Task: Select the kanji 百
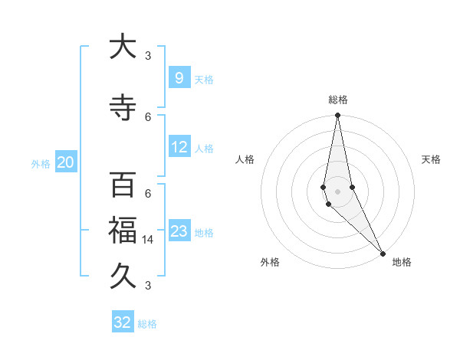123,185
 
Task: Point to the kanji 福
123,227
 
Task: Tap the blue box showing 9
179,77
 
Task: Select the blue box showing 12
179,147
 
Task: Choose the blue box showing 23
179,231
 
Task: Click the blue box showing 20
65,162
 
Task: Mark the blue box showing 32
123,322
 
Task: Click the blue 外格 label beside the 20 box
41,163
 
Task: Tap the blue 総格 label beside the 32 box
147,324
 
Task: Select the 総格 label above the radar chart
337,100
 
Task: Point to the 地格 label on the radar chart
402,262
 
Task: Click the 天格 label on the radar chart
431,159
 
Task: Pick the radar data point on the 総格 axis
337,116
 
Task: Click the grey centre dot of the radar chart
337,191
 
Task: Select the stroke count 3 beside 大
148,56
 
